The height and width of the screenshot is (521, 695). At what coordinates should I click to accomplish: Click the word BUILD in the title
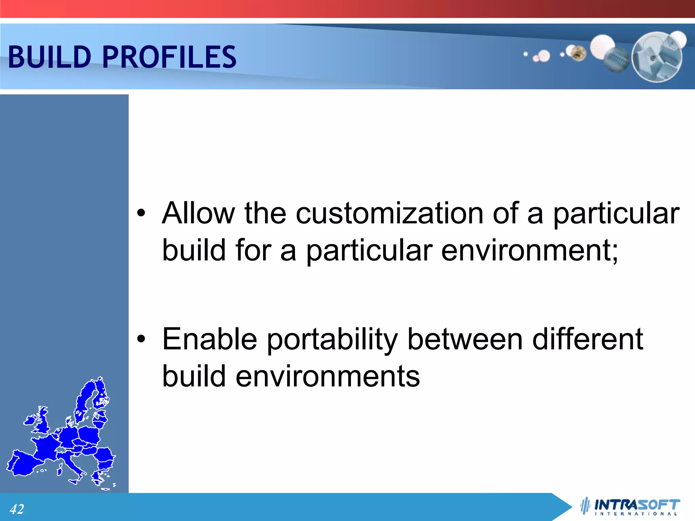click(x=50, y=57)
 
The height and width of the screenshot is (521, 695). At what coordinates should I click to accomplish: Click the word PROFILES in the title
click(x=169, y=57)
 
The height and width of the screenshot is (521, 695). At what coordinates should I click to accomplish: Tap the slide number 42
click(x=17, y=509)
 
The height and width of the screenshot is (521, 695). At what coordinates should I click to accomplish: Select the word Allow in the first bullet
click(x=198, y=213)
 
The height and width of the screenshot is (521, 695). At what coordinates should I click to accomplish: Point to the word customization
click(x=389, y=213)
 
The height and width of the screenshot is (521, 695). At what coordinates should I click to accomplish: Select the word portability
click(x=332, y=340)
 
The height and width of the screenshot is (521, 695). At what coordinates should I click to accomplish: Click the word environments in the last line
click(x=327, y=377)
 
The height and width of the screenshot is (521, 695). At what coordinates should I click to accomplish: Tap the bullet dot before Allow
click(x=141, y=213)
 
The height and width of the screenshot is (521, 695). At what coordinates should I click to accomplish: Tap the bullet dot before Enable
click(x=141, y=339)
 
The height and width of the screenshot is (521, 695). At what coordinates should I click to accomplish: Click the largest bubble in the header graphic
click(x=657, y=57)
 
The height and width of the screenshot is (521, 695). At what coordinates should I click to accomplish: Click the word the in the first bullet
click(x=265, y=213)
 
